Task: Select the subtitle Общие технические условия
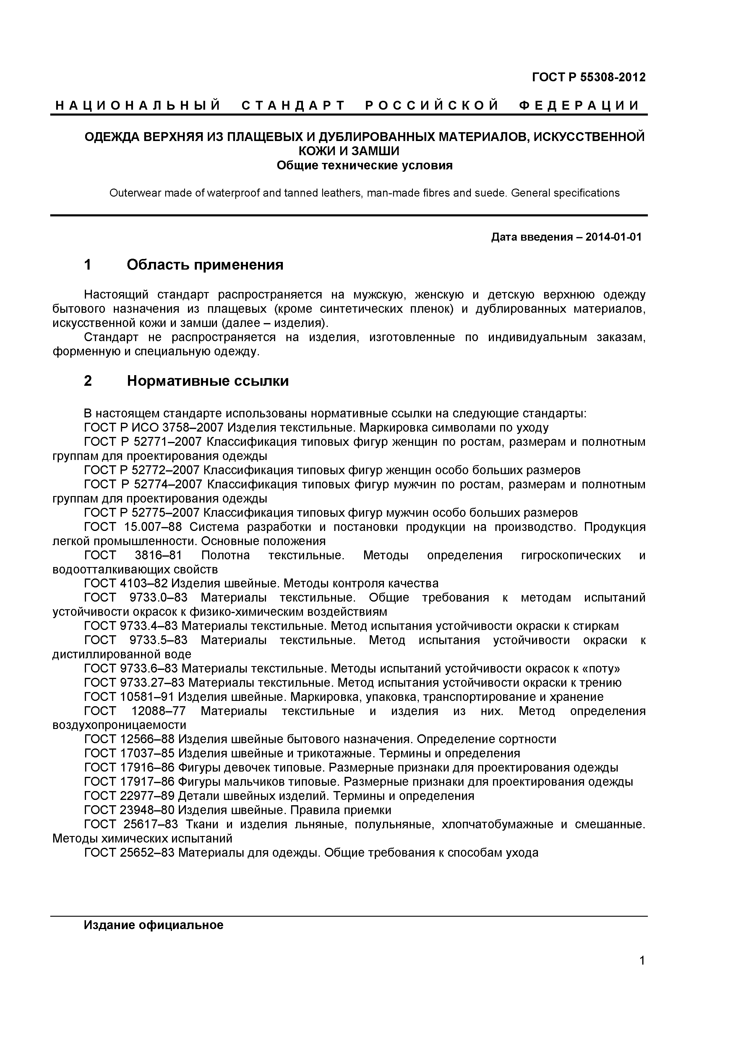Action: click(x=364, y=166)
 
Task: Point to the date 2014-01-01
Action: click(x=613, y=237)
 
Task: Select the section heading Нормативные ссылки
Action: click(x=208, y=381)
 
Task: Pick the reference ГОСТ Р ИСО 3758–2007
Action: click(x=154, y=427)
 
